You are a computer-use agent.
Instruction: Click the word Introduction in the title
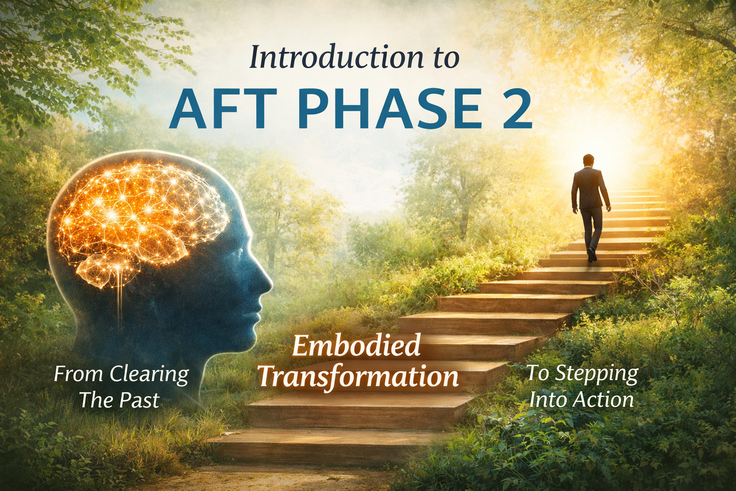[x=335, y=58]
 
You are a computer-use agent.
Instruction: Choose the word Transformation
[x=358, y=376]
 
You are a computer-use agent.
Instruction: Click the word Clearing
[x=149, y=375]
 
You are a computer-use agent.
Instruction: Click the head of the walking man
[x=588, y=161]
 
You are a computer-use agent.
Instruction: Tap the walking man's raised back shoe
[x=591, y=255]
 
